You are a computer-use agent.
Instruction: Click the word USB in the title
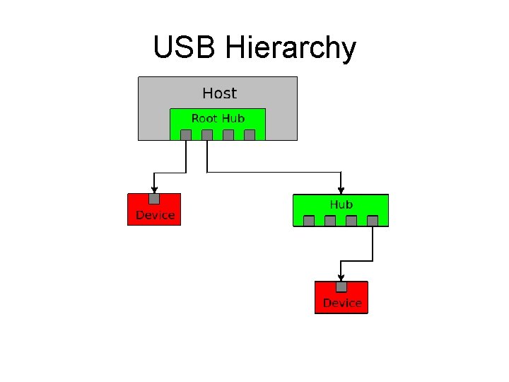pyautogui.click(x=185, y=48)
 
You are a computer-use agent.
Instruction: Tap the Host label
pyautogui.click(x=219, y=93)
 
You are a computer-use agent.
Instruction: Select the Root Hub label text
pyautogui.click(x=218, y=118)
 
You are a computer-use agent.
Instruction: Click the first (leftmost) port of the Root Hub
pyautogui.click(x=186, y=135)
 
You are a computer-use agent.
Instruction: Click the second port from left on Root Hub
pyautogui.click(x=207, y=135)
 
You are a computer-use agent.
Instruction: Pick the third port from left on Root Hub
pyautogui.click(x=228, y=135)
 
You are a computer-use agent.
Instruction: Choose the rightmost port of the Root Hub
pyautogui.click(x=250, y=135)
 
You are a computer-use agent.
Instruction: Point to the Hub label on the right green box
pyautogui.click(x=341, y=204)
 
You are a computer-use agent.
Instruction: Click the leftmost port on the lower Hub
pyautogui.click(x=309, y=221)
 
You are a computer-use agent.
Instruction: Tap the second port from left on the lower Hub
pyautogui.click(x=330, y=221)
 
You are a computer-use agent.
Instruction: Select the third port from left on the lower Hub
pyautogui.click(x=351, y=221)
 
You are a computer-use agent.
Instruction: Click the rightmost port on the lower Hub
pyautogui.click(x=373, y=221)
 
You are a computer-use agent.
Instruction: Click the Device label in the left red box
pyautogui.click(x=155, y=215)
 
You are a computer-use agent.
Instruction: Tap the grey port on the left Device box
pyautogui.click(x=154, y=199)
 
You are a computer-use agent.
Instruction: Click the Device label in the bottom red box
pyautogui.click(x=342, y=303)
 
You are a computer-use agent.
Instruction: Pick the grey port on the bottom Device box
pyautogui.click(x=341, y=286)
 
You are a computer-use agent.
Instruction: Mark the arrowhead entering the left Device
pyautogui.click(x=154, y=190)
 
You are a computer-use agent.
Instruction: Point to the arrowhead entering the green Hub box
pyautogui.click(x=341, y=191)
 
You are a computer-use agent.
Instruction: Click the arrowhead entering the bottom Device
pyautogui.click(x=341, y=277)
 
